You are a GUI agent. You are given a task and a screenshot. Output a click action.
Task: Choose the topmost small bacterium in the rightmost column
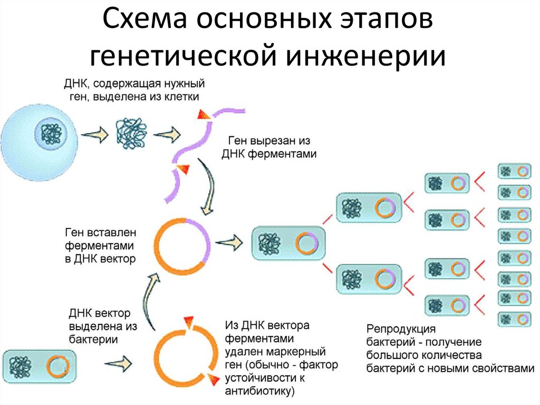(514, 172)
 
